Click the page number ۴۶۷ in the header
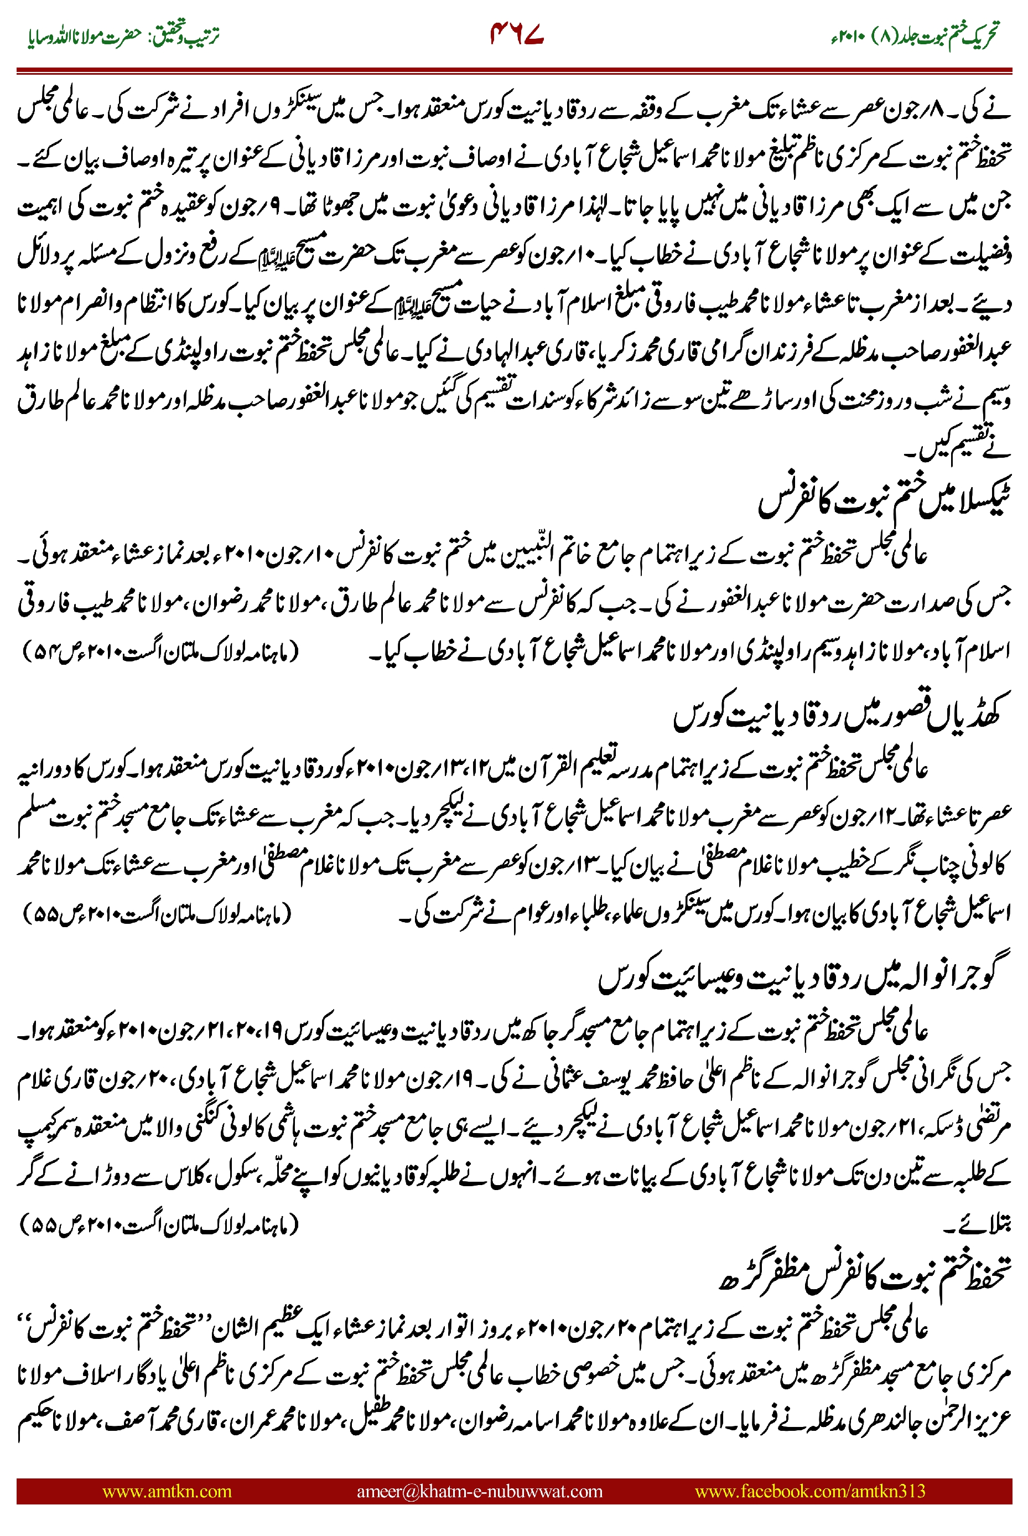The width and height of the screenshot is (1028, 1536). [517, 34]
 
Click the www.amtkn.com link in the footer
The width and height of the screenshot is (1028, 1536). [167, 1491]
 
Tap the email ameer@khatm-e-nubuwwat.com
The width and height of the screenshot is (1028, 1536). [479, 1491]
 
